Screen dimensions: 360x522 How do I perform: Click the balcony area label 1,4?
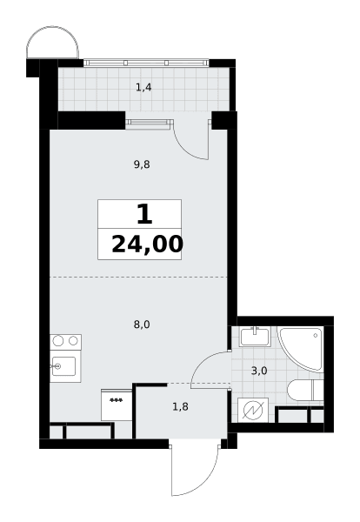[x=143, y=88]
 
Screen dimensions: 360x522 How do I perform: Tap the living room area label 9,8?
[x=142, y=164]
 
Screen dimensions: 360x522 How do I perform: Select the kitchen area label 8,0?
[x=142, y=325]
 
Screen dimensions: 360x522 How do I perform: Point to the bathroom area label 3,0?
[x=259, y=371]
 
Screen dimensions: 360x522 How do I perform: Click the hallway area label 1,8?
[x=181, y=406]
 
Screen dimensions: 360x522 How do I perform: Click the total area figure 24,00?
[x=147, y=244]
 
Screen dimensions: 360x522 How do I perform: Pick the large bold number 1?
[x=144, y=215]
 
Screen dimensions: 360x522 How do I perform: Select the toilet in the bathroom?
[x=305, y=390]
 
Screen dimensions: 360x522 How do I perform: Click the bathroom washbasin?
[x=255, y=337]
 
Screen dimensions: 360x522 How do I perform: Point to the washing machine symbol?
[x=253, y=410]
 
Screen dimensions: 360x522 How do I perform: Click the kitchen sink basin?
[x=63, y=366]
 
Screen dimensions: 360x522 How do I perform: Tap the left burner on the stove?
[x=58, y=341]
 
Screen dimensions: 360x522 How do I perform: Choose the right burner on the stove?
[x=73, y=340]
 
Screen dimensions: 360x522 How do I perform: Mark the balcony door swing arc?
[x=184, y=149]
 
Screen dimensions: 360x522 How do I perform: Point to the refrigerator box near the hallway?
[x=117, y=405]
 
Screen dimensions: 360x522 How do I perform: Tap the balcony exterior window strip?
[x=146, y=63]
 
